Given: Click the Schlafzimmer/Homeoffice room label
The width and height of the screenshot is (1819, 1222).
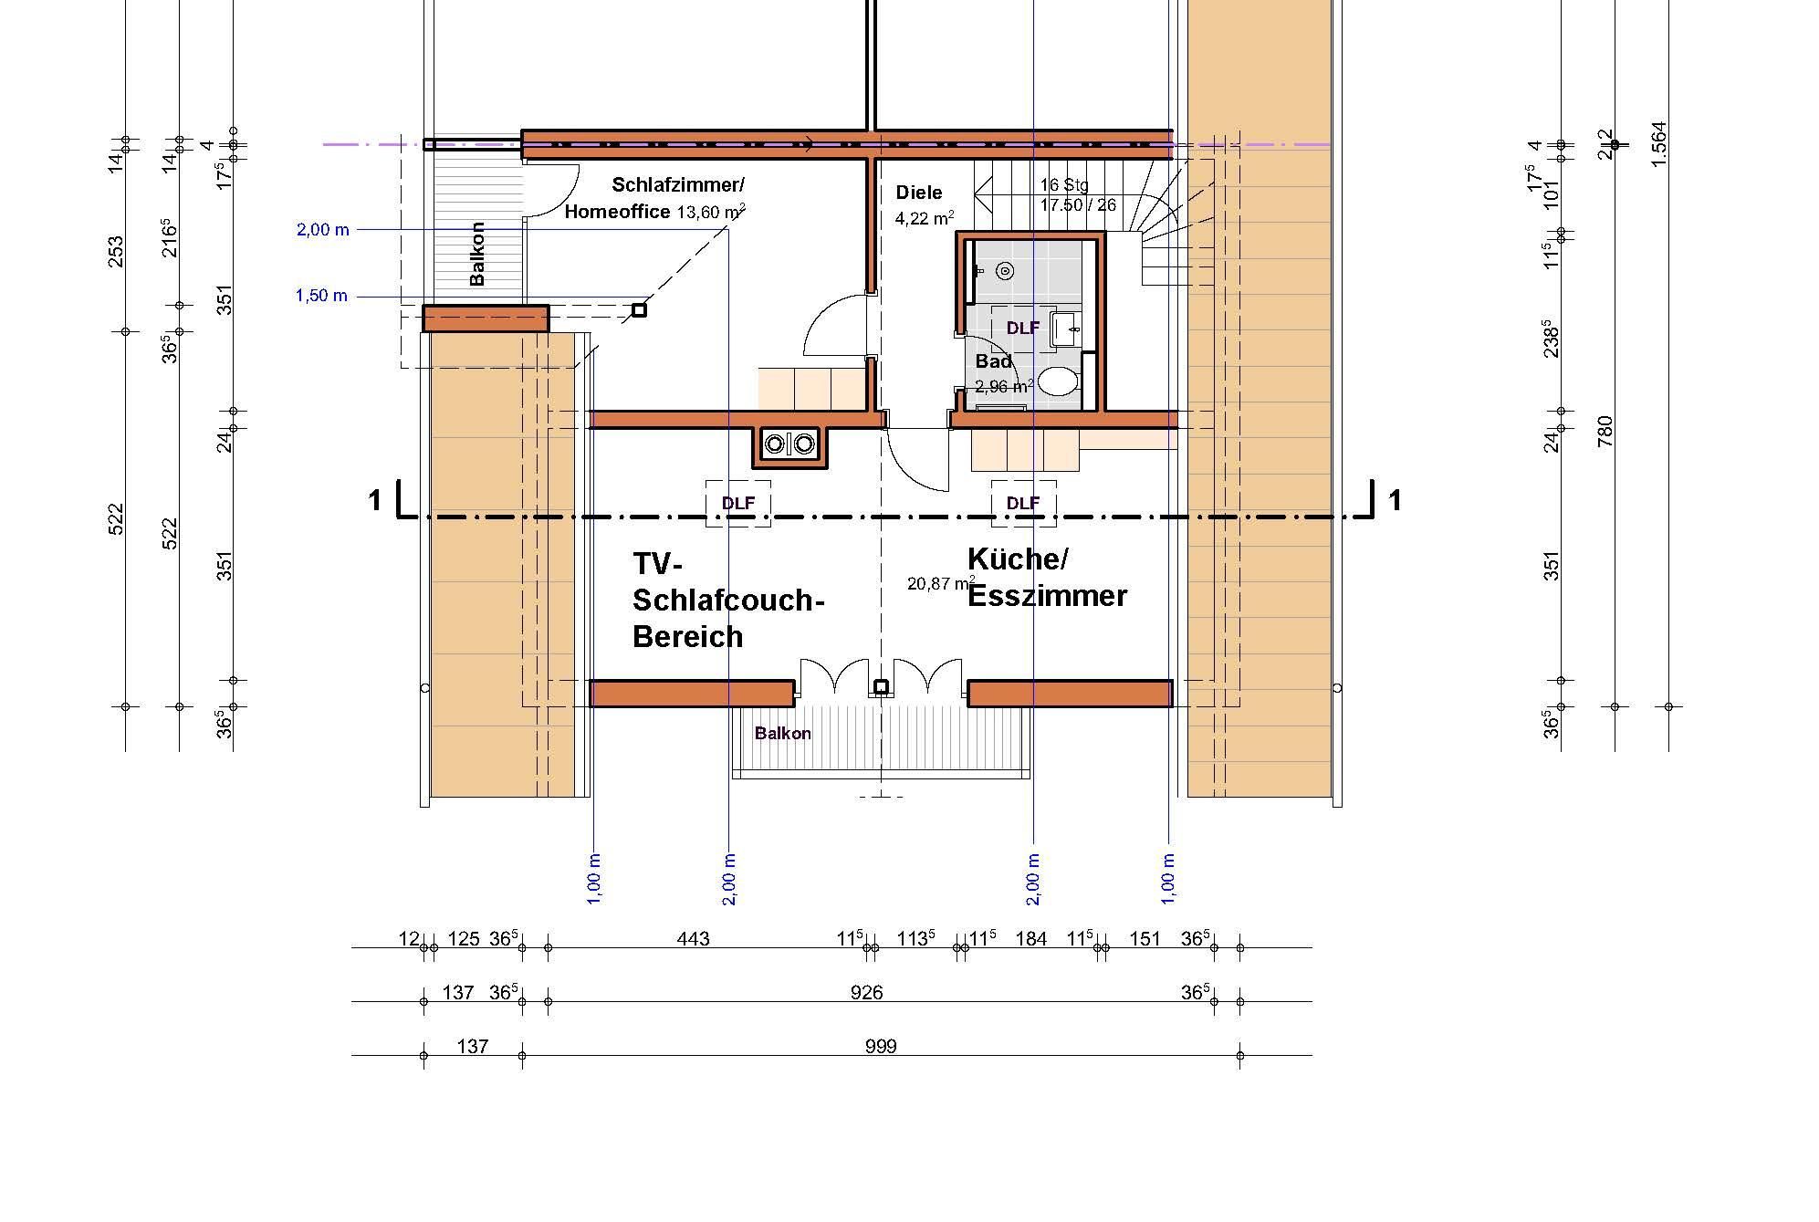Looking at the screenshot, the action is point(653,199).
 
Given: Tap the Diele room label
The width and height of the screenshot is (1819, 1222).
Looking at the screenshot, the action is point(918,193).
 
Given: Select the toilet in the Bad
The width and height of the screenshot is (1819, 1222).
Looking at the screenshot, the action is point(1057,381).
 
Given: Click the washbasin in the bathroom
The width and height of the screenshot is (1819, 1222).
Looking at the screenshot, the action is point(1065,329).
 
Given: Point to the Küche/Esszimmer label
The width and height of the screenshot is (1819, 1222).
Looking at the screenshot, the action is point(1047,577).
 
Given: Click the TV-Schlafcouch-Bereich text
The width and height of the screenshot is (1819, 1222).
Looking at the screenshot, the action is point(728,600).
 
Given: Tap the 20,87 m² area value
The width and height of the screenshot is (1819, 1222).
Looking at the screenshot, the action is point(941,583).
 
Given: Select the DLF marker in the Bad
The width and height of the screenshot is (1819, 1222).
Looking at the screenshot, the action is point(1022,327).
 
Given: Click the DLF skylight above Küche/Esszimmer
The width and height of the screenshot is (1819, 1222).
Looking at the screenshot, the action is point(1023,503).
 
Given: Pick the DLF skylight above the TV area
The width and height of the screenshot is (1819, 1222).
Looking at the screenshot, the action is point(738,503).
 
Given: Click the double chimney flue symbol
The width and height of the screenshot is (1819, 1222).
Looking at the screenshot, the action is point(789,444).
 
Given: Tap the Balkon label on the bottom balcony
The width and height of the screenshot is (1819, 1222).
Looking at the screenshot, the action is point(782,733).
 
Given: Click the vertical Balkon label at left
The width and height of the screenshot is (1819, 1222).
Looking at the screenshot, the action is point(476,254).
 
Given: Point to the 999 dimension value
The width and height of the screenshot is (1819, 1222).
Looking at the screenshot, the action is point(881,1046).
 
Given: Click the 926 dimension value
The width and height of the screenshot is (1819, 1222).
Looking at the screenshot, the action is point(866,992).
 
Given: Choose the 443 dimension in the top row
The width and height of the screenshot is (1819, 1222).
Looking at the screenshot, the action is point(693,938).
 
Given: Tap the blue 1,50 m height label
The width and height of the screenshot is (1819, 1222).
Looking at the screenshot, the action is point(321,296).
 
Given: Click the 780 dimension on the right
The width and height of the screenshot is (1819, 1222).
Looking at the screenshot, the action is point(1605,432).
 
